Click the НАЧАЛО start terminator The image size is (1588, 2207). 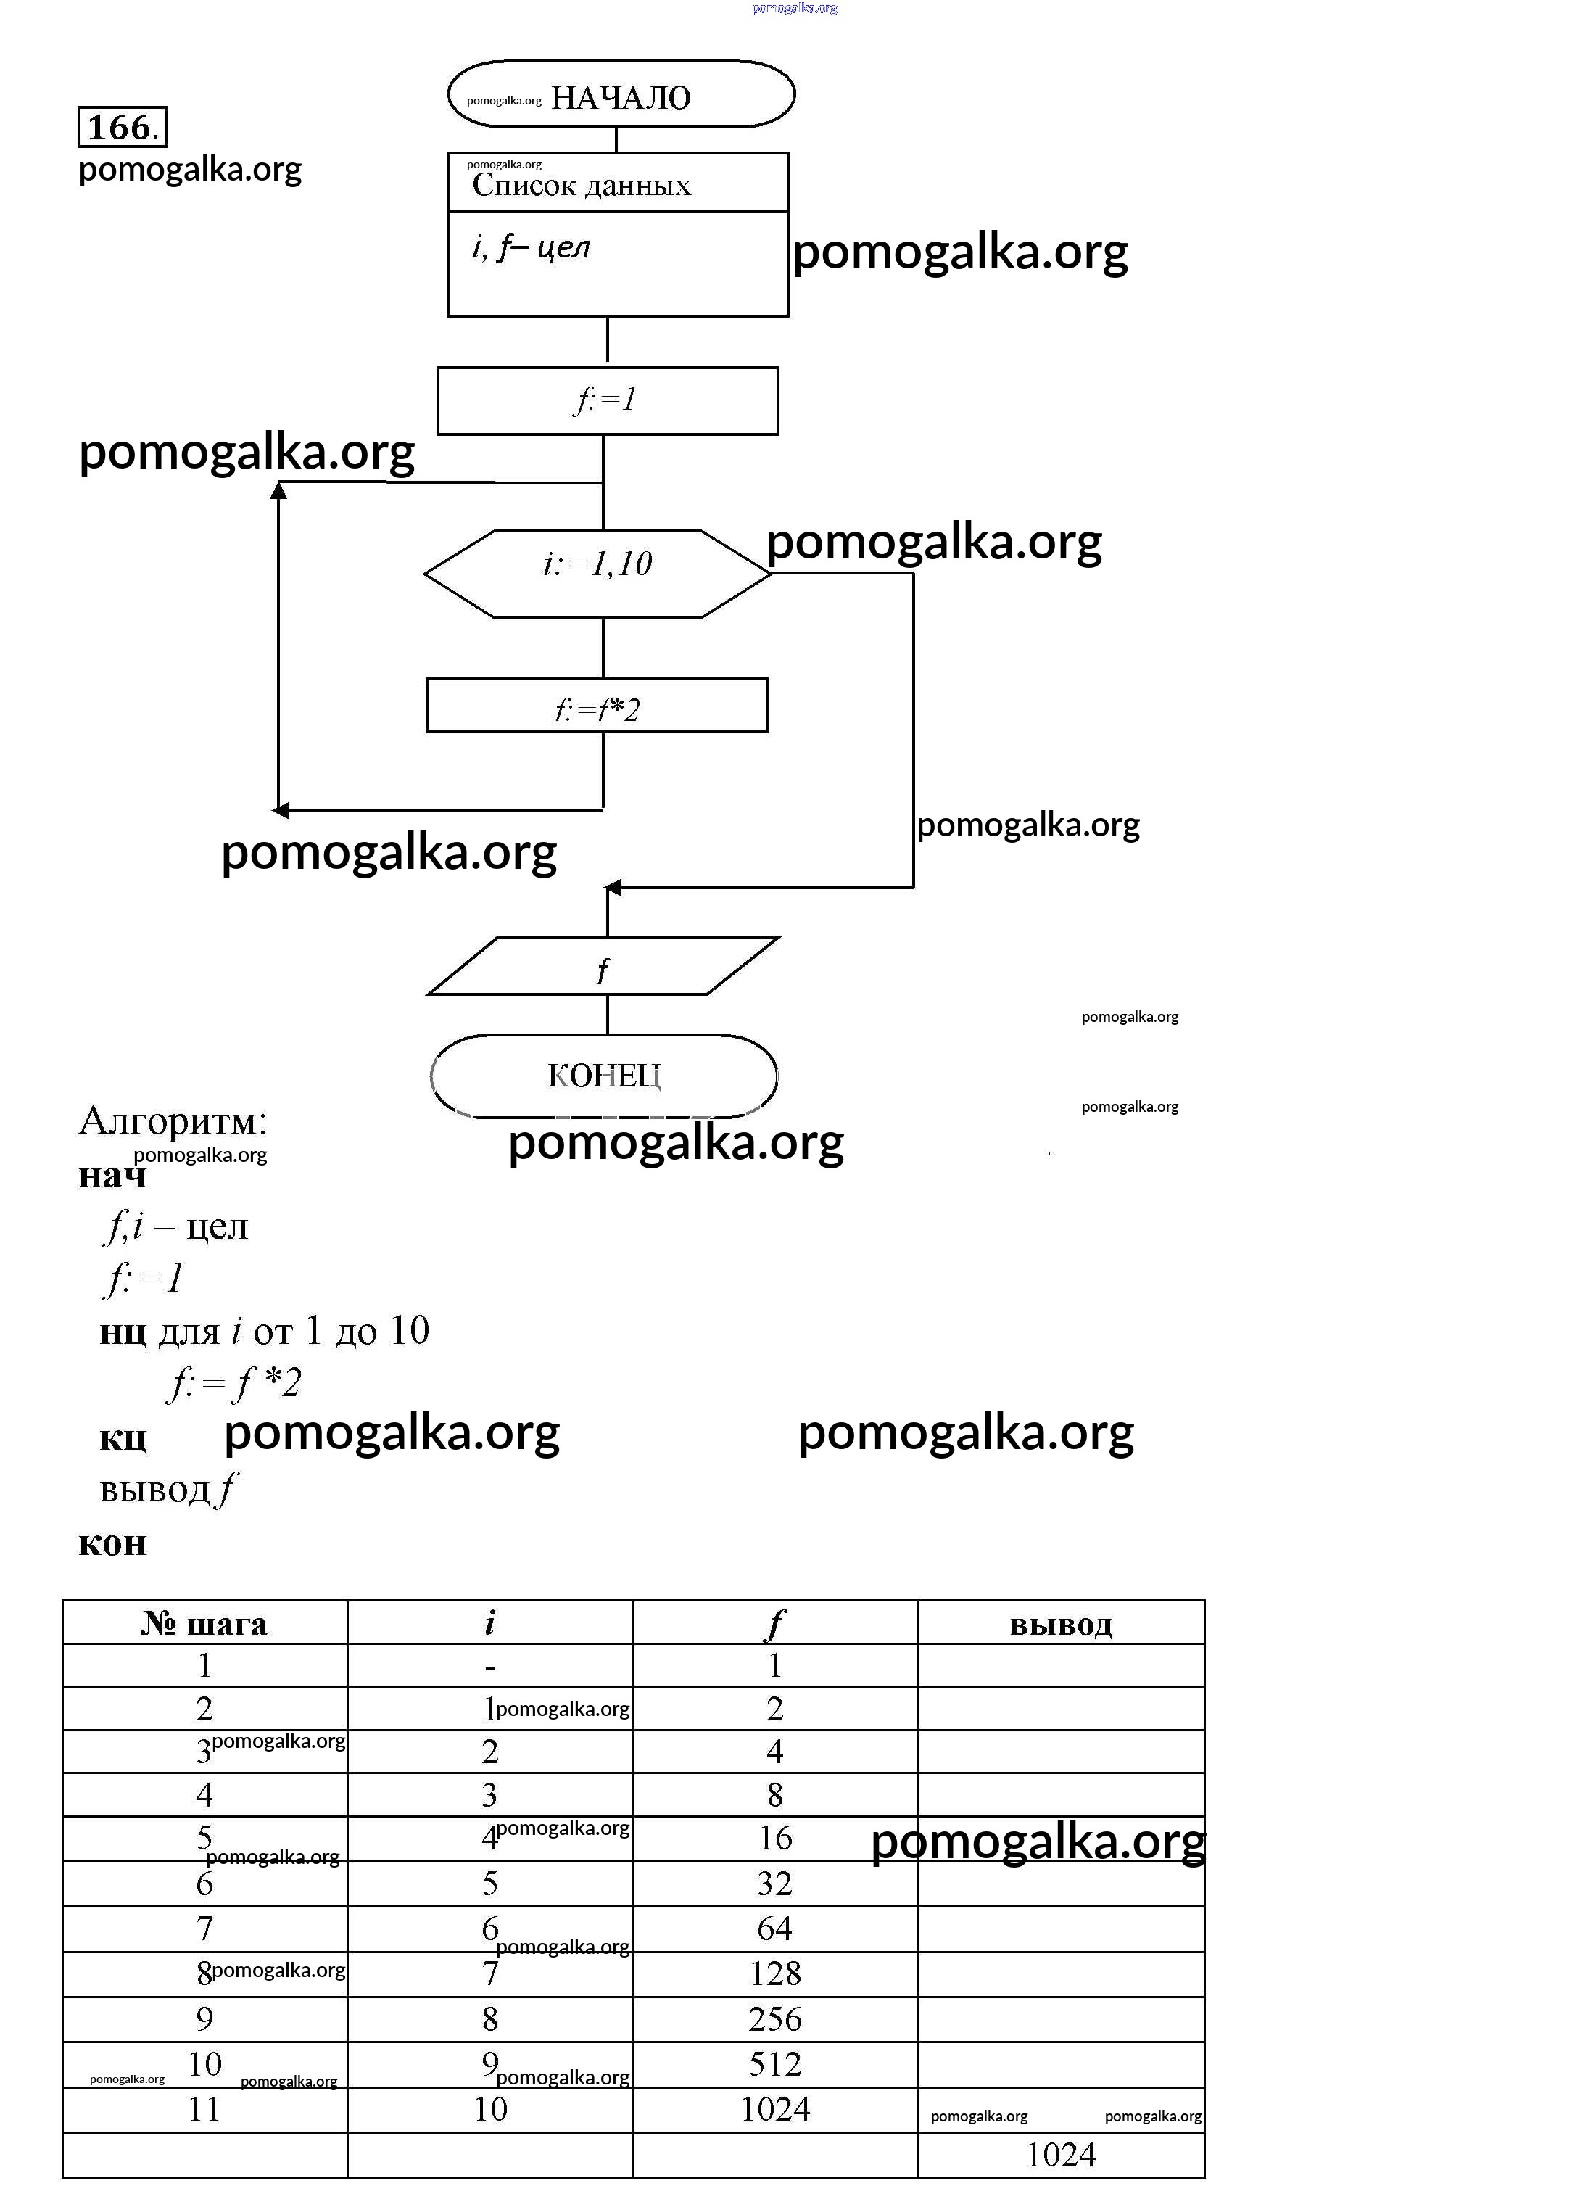point(621,95)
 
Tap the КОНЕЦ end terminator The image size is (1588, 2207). point(603,1076)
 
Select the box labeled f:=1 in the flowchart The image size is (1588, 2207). point(607,400)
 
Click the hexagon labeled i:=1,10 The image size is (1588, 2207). point(597,573)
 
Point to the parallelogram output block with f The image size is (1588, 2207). point(603,966)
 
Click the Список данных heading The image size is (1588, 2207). point(582,185)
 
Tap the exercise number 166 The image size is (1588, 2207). point(122,126)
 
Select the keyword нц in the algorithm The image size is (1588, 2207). point(123,1330)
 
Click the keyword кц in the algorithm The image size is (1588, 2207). point(123,1436)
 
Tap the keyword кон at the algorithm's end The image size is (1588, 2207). point(112,1543)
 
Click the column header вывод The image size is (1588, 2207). point(1061,1623)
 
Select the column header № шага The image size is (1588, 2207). point(204,1623)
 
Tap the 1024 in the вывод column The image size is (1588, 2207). point(1061,2155)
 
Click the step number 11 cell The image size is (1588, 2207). point(204,2108)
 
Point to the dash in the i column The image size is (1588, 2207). point(490,1667)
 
